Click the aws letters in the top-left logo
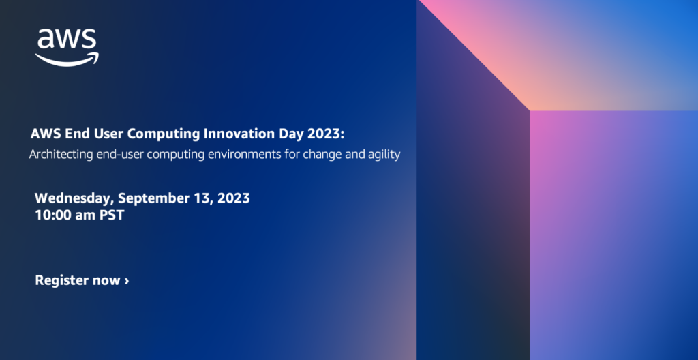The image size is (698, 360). click(x=66, y=40)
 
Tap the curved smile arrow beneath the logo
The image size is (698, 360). click(x=67, y=59)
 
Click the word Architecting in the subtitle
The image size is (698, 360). click(x=60, y=155)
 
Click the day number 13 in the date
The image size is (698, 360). click(x=198, y=198)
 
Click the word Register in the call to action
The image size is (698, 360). click(x=61, y=280)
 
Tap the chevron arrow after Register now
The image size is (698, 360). click(x=126, y=281)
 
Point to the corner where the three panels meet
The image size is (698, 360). click(x=530, y=110)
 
